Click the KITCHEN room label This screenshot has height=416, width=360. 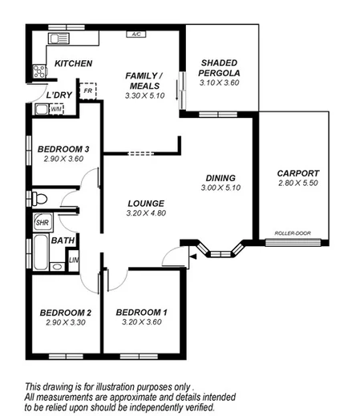pos(73,63)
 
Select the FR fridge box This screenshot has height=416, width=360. pos(87,91)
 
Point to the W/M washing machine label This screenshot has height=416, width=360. pos(55,109)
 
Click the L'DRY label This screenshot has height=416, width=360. pos(59,95)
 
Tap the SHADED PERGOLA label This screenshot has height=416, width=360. pos(220,67)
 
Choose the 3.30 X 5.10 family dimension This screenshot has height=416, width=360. pos(144,95)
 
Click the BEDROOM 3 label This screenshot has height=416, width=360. pos(63,148)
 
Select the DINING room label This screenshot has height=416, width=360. pos(220,177)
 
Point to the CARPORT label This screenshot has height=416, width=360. pos(297,173)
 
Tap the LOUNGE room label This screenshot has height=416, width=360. pos(145,204)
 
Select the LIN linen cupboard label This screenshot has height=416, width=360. pos(73,260)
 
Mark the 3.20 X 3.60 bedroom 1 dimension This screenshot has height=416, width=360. pos(142,322)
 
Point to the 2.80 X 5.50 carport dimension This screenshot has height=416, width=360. pos(297,184)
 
